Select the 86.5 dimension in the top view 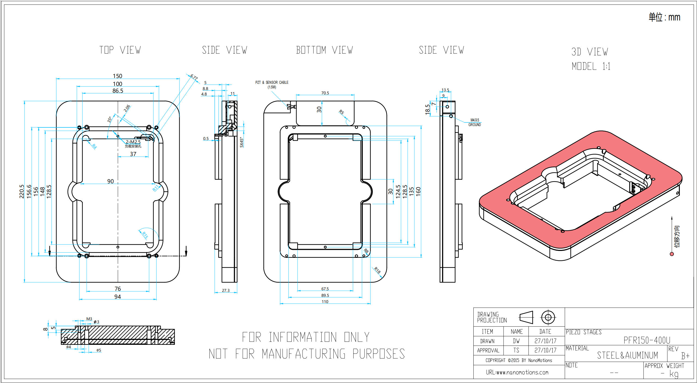pyautogui.click(x=118, y=91)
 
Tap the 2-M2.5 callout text pyautogui.click(x=133, y=142)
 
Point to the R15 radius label pyautogui.click(x=145, y=235)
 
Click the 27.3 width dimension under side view pyautogui.click(x=226, y=291)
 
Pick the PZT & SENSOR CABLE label pyautogui.click(x=272, y=82)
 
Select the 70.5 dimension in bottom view pyautogui.click(x=325, y=93)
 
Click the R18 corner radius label pyautogui.click(x=377, y=270)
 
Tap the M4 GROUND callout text pyautogui.click(x=474, y=122)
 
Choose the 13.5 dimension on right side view pyautogui.click(x=445, y=90)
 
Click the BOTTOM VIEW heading pyautogui.click(x=324, y=50)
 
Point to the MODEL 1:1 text pyautogui.click(x=591, y=66)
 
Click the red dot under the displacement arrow pyautogui.click(x=672, y=254)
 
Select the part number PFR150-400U pyautogui.click(x=647, y=340)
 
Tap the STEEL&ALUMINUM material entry pyautogui.click(x=627, y=355)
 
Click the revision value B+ pyautogui.click(x=685, y=356)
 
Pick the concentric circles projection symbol pyautogui.click(x=548, y=317)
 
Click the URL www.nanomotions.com pyautogui.click(x=517, y=372)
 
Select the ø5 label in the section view pyautogui.click(x=99, y=350)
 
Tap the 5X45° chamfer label pyautogui.click(x=242, y=142)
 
